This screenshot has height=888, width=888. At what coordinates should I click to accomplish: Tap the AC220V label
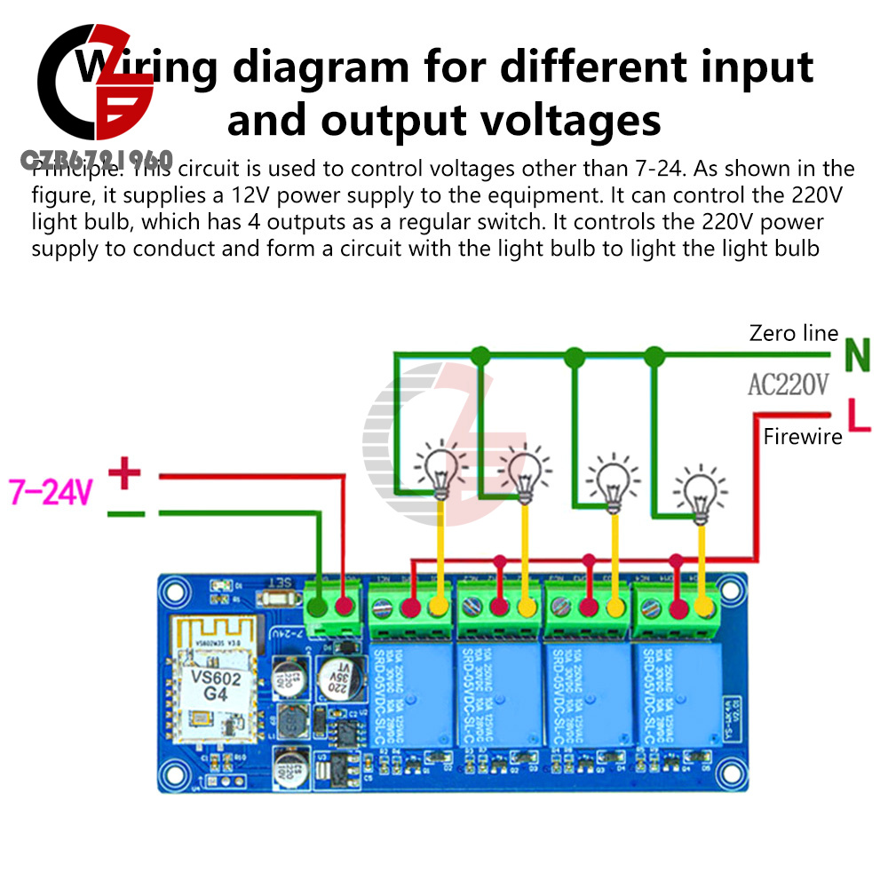[x=788, y=385]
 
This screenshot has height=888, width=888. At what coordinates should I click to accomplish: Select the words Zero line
[x=794, y=333]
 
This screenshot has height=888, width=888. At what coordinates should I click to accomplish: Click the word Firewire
[x=803, y=436]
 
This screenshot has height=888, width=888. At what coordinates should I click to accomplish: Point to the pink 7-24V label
[x=52, y=491]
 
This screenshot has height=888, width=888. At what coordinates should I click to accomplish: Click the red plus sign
[x=124, y=473]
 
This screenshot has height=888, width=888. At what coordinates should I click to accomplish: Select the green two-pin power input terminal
[x=332, y=610]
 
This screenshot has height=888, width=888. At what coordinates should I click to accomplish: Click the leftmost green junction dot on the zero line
[x=480, y=356]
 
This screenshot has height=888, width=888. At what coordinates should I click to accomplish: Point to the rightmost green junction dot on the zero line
[x=654, y=356]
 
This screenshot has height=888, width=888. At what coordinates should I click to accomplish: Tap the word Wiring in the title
[x=147, y=68]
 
